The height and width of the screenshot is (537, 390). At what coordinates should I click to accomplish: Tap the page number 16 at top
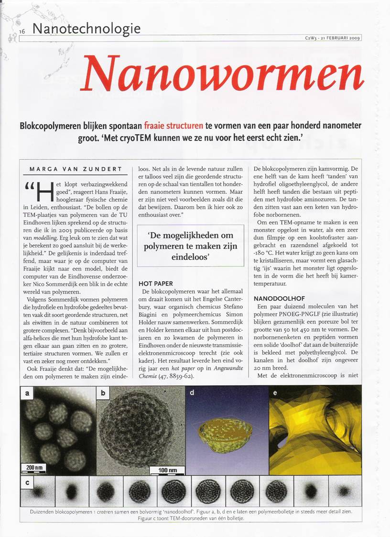coord(22,31)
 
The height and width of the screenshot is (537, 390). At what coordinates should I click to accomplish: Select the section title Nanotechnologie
coord(86,28)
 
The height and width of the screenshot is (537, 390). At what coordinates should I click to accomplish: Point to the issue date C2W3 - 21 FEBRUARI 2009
coord(332,38)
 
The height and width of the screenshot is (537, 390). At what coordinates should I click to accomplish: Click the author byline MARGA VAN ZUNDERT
coord(76,169)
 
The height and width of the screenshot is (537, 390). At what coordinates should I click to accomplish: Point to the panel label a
coord(27,393)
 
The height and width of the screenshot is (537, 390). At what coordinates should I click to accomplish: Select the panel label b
coord(103,393)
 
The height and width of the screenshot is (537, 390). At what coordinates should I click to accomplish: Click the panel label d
coord(192,393)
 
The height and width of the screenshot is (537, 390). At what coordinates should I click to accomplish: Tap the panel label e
coord(275,393)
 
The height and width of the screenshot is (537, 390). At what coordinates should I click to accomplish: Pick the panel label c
coord(27,482)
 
